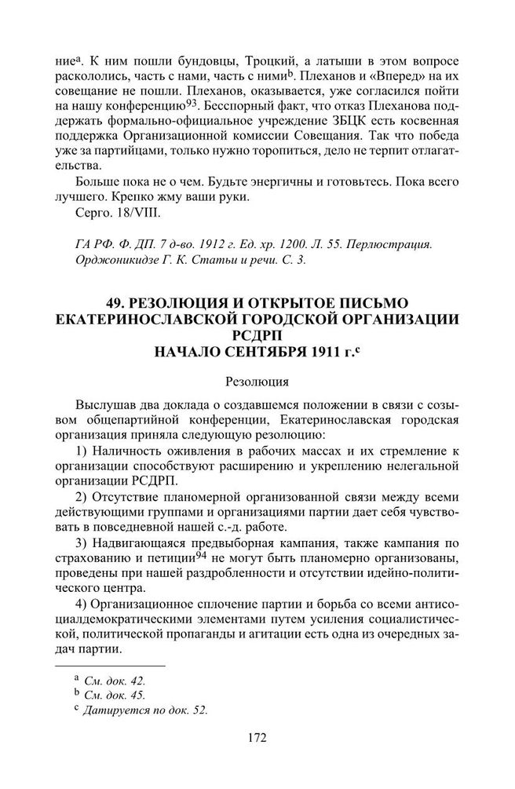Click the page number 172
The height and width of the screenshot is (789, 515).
click(x=257, y=739)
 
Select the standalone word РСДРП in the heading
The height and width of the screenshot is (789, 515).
click(x=257, y=335)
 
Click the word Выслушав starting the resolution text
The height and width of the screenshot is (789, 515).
click(x=104, y=404)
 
